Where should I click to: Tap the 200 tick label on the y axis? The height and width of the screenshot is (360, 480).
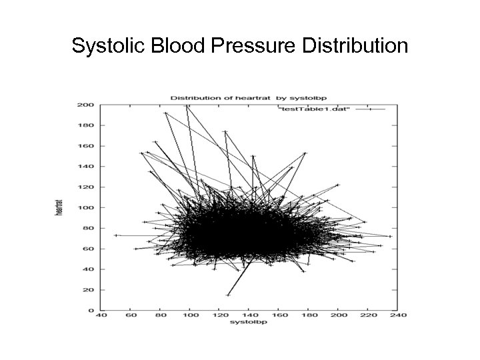tap(85, 105)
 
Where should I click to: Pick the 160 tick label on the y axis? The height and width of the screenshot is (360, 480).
tap(85, 146)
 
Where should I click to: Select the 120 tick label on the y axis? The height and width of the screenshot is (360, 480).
tap(85, 187)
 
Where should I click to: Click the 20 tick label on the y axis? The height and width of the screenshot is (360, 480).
tap(87, 290)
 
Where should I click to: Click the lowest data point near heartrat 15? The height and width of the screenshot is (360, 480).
tap(227, 295)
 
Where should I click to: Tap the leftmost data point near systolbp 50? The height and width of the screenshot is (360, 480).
tap(115, 235)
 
